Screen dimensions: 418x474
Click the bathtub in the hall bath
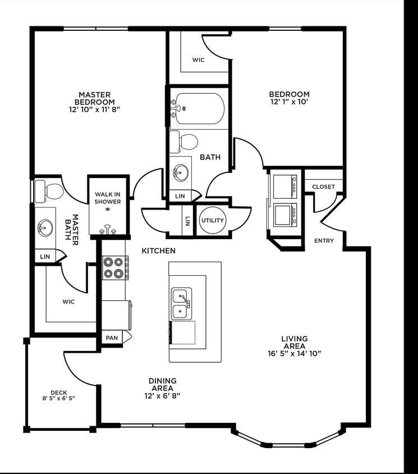[x=200, y=108]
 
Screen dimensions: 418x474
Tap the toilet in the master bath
[x=49, y=192]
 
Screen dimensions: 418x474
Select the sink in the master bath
[x=45, y=227]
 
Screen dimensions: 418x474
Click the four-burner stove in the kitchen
[x=113, y=268]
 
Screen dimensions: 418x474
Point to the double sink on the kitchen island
[x=182, y=304]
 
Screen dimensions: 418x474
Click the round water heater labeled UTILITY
[x=212, y=220]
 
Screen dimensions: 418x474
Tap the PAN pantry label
[x=112, y=338]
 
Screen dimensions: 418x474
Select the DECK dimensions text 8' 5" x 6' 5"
[x=58, y=398]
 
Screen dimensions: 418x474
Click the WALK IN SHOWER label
[x=108, y=198]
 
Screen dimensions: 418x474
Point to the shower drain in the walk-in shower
[x=108, y=209]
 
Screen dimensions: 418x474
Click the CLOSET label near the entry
[x=324, y=187]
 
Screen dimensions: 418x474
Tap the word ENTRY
[x=324, y=240]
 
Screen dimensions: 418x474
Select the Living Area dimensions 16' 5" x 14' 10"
[x=295, y=353]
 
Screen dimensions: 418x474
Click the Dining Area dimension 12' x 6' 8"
[x=163, y=396]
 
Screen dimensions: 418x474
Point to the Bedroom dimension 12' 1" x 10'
[x=290, y=102]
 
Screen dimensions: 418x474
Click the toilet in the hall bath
[x=183, y=142]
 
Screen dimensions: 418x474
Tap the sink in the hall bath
[x=181, y=173]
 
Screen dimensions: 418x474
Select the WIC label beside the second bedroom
[x=199, y=60]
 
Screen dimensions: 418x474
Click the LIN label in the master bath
[x=45, y=257]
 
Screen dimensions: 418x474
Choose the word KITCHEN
[x=159, y=250]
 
